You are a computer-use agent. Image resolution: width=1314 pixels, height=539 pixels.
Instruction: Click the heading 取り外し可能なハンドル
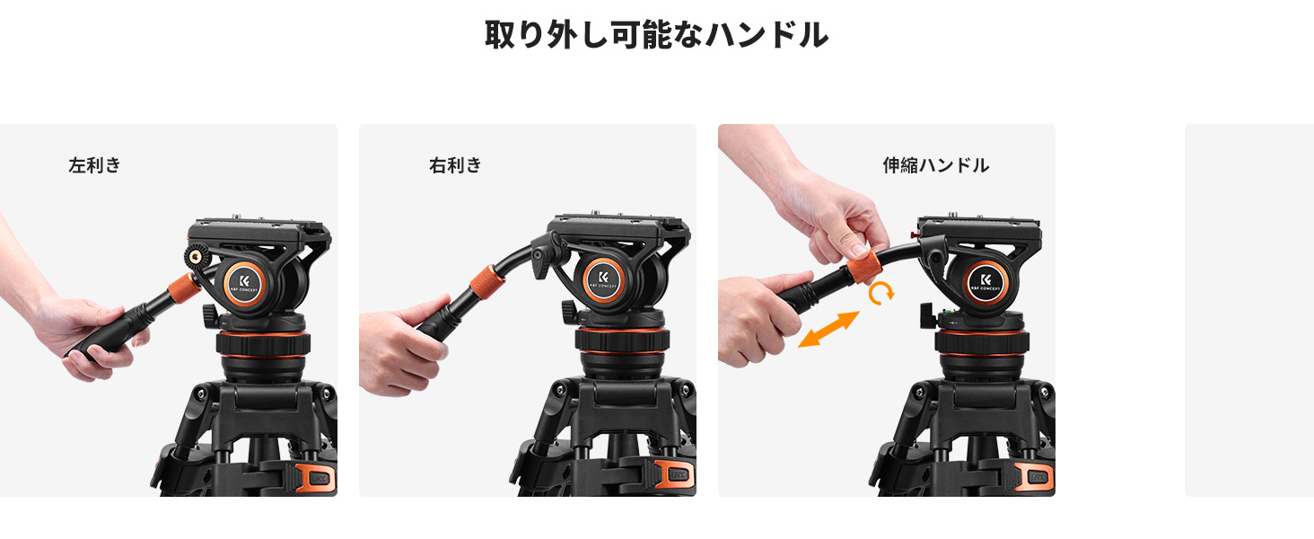pos(656,34)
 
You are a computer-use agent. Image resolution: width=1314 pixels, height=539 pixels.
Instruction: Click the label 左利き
pos(94,165)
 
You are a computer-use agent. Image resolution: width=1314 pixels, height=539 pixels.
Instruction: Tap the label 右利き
pos(455,165)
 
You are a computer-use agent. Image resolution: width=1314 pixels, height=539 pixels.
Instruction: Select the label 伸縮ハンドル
pos(935,165)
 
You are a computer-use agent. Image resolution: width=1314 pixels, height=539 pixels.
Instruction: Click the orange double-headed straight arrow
pos(828,329)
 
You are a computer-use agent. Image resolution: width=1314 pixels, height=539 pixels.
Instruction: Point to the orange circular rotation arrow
pos(883,293)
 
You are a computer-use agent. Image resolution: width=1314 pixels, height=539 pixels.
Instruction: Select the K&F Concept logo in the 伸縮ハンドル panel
pos(987,282)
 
